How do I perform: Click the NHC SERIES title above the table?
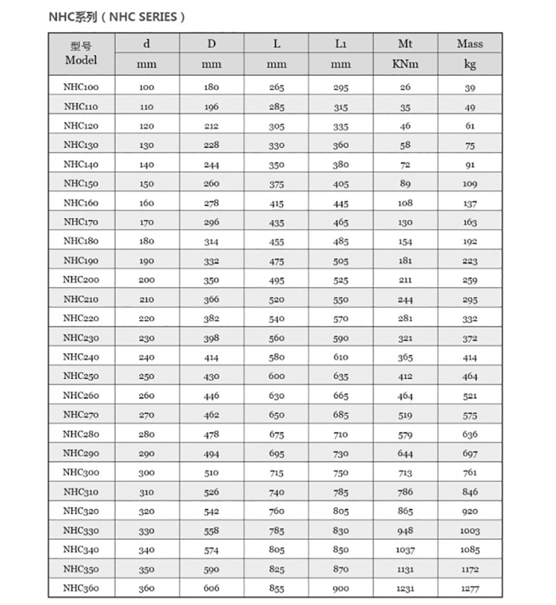coord(116,17)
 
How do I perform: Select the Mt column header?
coord(405,44)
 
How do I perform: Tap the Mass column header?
coord(469,44)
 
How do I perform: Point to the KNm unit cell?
coord(405,65)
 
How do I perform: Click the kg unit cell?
coord(469,65)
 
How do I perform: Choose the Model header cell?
coord(81,53)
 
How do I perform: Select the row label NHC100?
coord(81,87)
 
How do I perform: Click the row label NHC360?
coord(81,588)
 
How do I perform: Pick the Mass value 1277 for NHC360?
coord(469,589)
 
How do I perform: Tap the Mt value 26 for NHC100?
coord(405,87)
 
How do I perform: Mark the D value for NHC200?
coord(211,280)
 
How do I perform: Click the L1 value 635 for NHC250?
coord(341,376)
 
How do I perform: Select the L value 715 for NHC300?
coord(276,473)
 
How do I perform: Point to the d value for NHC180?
coord(147,242)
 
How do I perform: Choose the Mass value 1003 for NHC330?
coord(469,531)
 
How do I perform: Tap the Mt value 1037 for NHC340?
coord(405,550)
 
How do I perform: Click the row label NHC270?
coord(81,415)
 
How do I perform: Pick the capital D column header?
coord(211,44)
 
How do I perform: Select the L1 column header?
coord(341,44)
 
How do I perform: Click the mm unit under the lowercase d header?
coord(147,65)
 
